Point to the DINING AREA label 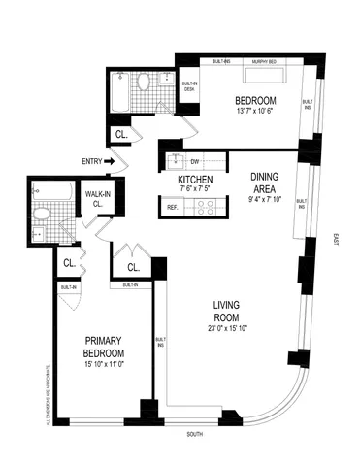coord(265,182)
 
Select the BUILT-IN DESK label coord(189,86)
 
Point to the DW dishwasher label coord(195,161)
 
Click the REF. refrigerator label coord(173,206)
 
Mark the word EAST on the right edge coord(333,239)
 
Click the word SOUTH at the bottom coord(195,434)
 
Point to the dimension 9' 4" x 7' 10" coord(265,200)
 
